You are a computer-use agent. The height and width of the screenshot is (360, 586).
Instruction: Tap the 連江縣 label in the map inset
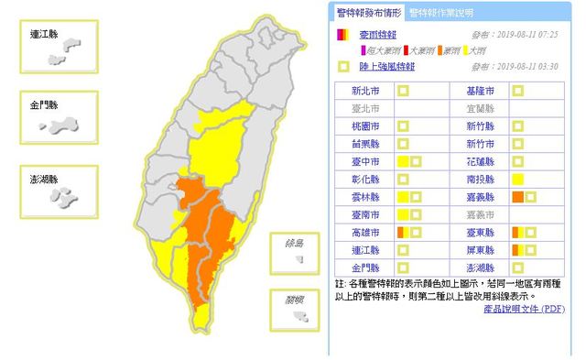click(42, 33)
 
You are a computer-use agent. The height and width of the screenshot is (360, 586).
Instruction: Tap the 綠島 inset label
click(293, 244)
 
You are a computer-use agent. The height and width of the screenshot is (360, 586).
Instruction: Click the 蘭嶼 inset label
click(293, 299)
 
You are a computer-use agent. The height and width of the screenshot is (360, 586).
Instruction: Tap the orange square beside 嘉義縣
click(518, 197)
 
